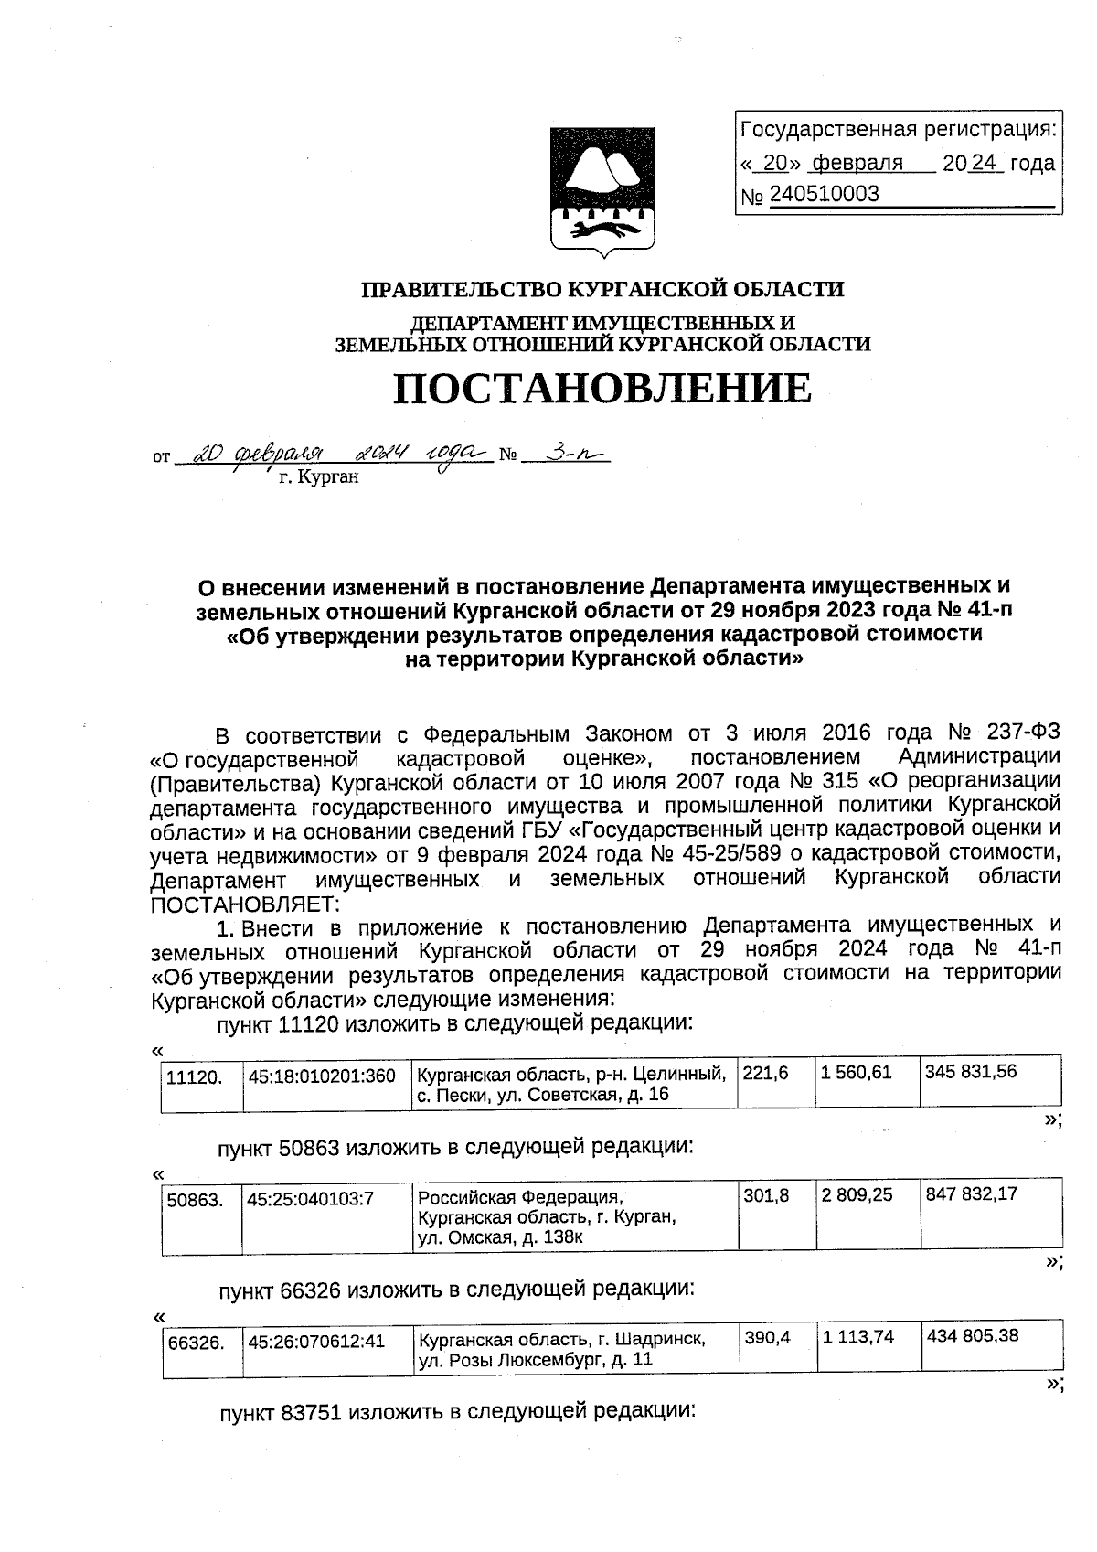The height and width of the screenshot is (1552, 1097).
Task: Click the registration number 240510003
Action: point(824,194)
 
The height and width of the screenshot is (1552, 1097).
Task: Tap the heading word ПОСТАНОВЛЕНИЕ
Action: point(602,388)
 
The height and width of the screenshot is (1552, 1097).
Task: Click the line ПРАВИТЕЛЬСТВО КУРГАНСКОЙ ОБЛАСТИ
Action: point(602,290)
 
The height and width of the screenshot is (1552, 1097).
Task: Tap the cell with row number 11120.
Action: point(194,1077)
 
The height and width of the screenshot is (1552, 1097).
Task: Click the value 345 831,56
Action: point(970,1071)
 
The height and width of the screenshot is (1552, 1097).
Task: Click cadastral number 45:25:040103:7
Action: point(311,1198)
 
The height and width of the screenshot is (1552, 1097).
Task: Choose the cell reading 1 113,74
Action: point(857,1337)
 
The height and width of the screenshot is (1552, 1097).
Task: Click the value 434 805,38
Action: point(973,1336)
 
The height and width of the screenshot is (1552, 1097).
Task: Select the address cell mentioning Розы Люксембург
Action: point(561,1349)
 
